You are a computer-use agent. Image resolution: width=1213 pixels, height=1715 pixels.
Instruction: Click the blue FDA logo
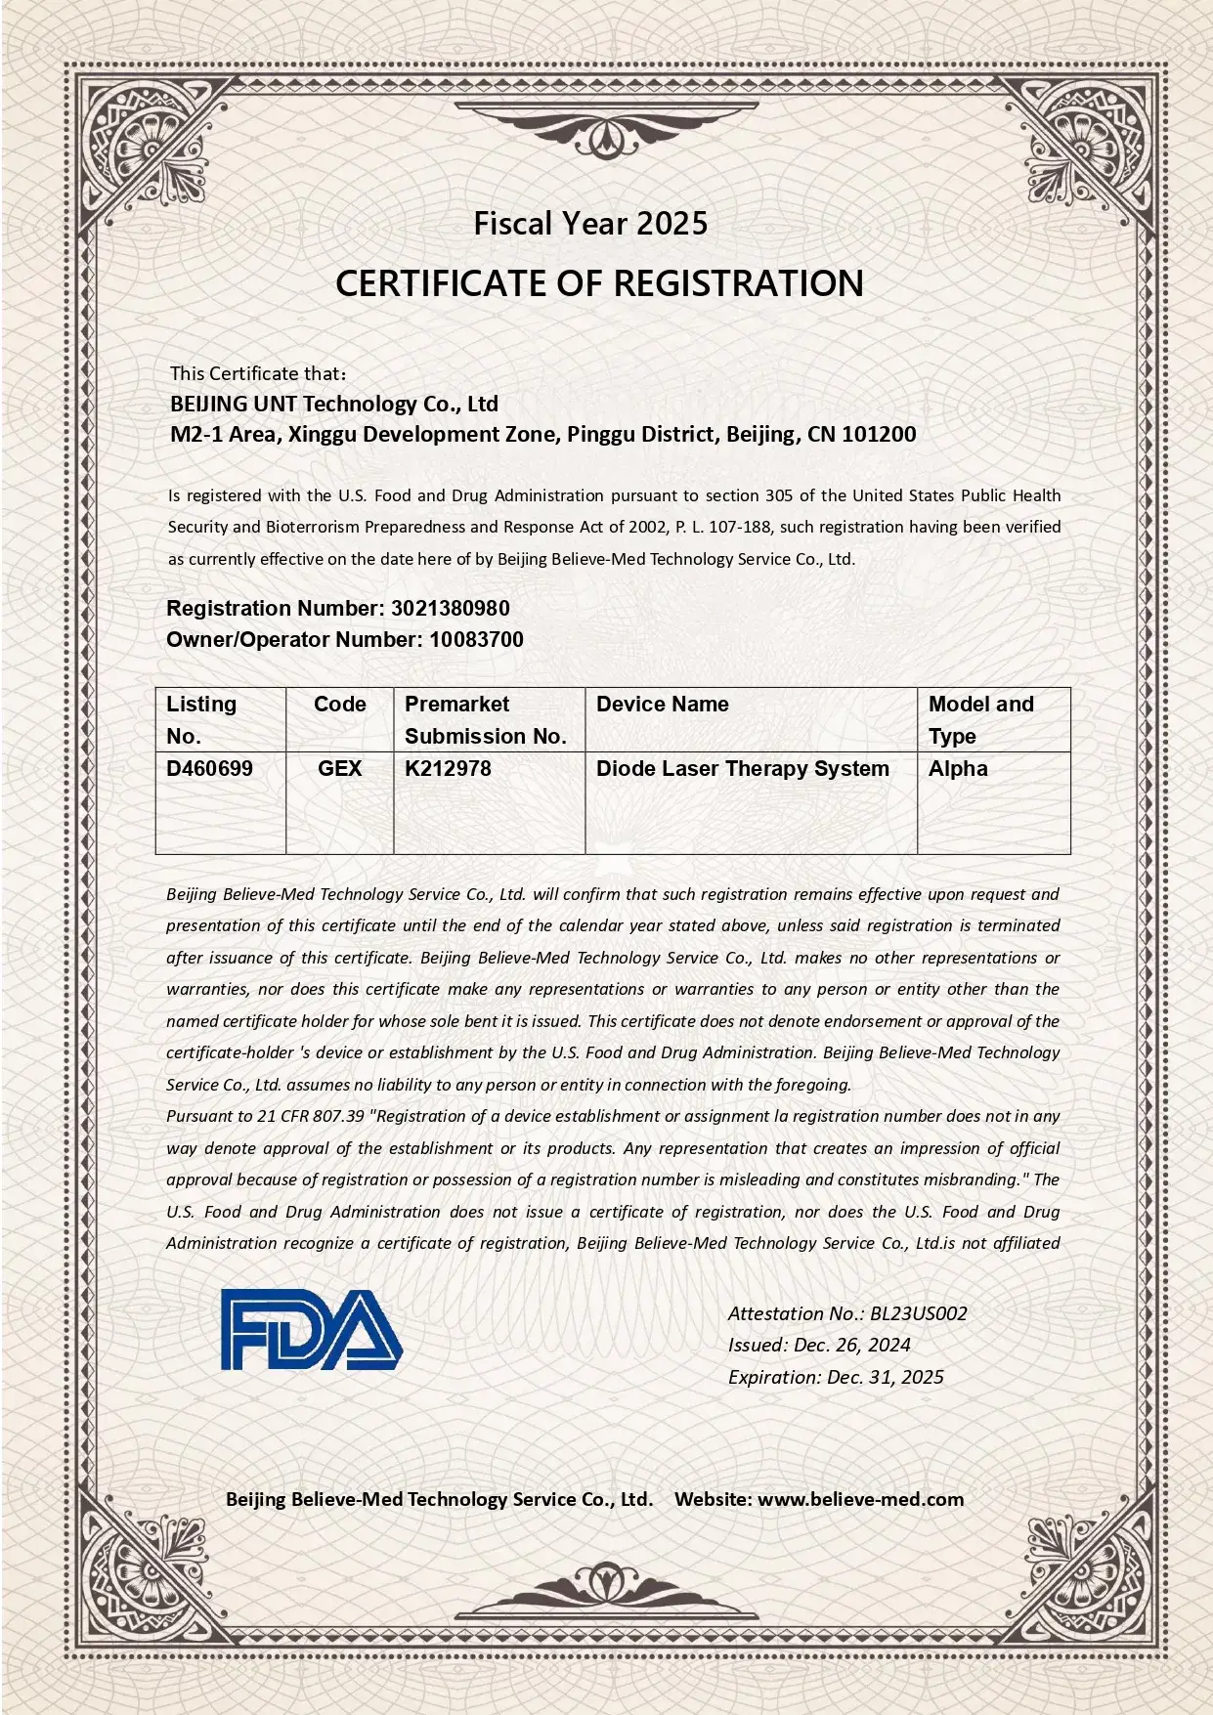click(311, 1329)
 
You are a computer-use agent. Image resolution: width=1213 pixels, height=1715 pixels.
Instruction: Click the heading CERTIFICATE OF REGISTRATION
click(599, 283)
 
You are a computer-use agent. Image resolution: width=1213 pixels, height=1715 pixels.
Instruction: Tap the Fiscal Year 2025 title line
click(590, 224)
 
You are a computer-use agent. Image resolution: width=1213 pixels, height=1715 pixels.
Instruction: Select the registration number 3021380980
click(451, 608)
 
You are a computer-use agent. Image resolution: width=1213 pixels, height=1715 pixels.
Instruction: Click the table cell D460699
click(209, 768)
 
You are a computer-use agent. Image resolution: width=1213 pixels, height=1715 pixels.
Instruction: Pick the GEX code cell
click(339, 768)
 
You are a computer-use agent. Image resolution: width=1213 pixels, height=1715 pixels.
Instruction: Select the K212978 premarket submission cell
click(448, 768)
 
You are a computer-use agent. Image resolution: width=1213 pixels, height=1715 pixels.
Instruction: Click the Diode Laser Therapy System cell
click(742, 768)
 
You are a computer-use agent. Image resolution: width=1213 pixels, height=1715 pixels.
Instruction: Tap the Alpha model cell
click(958, 768)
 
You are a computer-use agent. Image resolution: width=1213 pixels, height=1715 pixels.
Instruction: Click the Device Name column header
click(662, 704)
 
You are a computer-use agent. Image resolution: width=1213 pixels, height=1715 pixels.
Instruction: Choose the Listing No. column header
click(201, 719)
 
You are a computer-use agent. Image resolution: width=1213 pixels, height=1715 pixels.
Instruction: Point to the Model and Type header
click(980, 719)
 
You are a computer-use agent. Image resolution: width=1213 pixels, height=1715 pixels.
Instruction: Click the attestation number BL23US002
click(918, 1313)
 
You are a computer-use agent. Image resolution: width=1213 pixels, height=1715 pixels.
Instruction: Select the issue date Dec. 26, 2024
click(852, 1345)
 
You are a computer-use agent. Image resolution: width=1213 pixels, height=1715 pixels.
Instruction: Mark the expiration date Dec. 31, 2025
click(885, 1377)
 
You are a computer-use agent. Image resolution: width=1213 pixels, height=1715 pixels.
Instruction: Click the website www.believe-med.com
click(860, 1499)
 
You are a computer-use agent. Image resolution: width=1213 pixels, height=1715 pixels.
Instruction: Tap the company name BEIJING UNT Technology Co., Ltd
click(333, 404)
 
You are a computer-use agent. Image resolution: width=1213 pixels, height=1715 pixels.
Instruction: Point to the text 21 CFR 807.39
click(310, 1116)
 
